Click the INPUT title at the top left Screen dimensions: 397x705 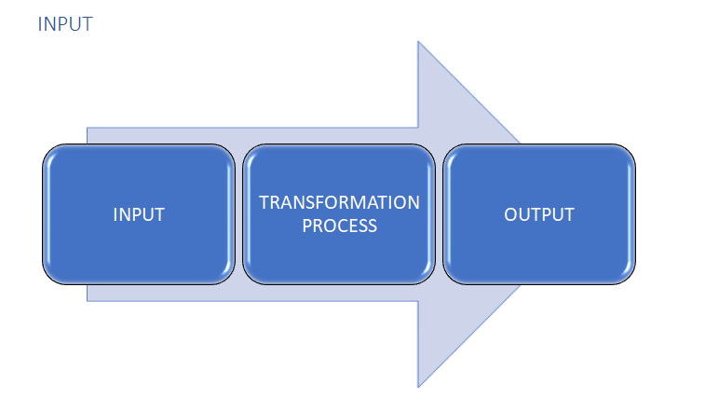click(65, 24)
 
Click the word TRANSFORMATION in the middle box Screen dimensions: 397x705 click(339, 202)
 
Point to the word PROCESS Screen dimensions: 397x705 click(339, 226)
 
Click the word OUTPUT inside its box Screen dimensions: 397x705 click(539, 214)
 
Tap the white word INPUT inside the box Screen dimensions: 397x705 click(139, 214)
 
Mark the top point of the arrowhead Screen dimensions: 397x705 click(418, 42)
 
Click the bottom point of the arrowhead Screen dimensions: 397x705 click(418, 386)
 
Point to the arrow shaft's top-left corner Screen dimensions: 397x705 click(88, 129)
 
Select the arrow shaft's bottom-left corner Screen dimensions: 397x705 click(88, 300)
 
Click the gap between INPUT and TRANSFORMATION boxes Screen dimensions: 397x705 click(238, 214)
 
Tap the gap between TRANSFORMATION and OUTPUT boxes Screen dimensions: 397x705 click(439, 214)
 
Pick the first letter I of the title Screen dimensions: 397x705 click(41, 24)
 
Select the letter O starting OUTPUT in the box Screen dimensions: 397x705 click(510, 214)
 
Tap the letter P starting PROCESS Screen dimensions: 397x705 click(307, 226)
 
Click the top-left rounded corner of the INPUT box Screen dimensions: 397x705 click(49, 152)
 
